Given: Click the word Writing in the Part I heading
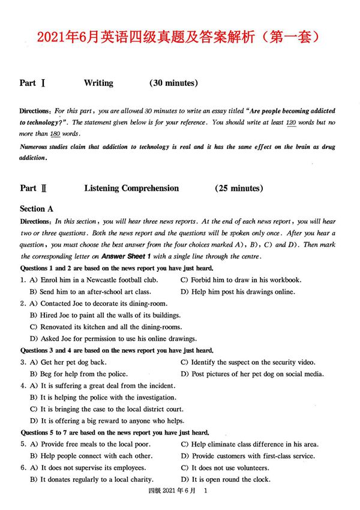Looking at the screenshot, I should pos(98,83).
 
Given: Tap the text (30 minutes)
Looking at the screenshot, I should pos(174,83).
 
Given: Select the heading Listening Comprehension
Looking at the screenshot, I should pos(131,188).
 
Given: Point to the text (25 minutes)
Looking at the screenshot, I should pos(239,188).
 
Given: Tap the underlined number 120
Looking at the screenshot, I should pos(291,122).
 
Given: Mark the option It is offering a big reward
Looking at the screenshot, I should pos(112,421).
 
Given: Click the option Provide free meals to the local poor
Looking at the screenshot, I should pos(94,444).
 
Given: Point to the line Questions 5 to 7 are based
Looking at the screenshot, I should pos(115,432).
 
